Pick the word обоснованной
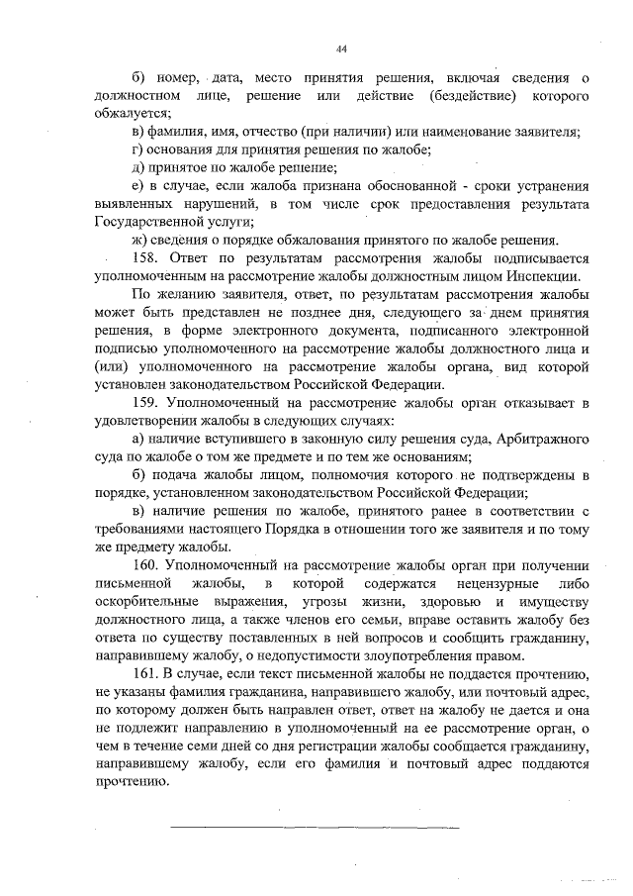[x=401, y=186]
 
